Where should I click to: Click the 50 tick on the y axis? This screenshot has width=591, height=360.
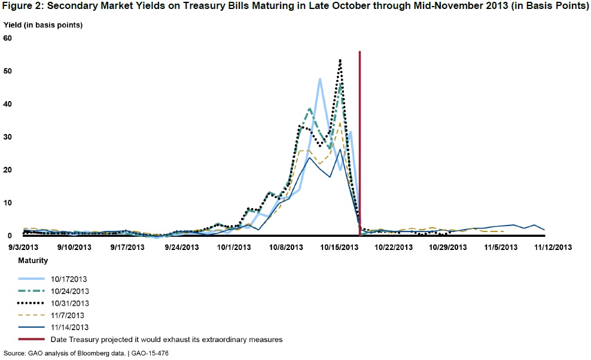pyautogui.click(x=8, y=71)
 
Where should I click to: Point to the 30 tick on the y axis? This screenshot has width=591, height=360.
pyautogui.click(x=8, y=136)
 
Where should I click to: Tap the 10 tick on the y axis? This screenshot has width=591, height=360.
pyautogui.click(x=8, y=202)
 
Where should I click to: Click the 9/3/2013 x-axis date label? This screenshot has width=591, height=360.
pyautogui.click(x=23, y=246)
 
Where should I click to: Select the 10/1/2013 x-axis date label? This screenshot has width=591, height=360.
pyautogui.click(x=234, y=246)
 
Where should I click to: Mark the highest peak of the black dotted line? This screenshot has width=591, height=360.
pyautogui.click(x=340, y=60)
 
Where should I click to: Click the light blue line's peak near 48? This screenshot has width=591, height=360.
pyautogui.click(x=320, y=78)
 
